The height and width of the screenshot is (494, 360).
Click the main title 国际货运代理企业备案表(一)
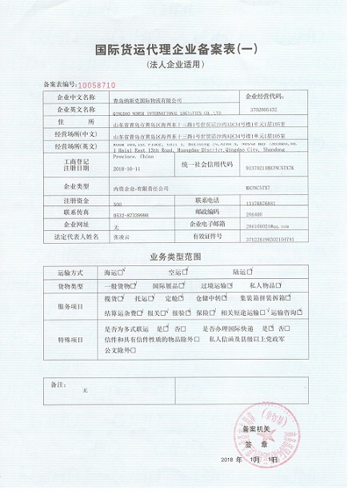tap(179, 49)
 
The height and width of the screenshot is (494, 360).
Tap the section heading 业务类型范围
tap(178, 257)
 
